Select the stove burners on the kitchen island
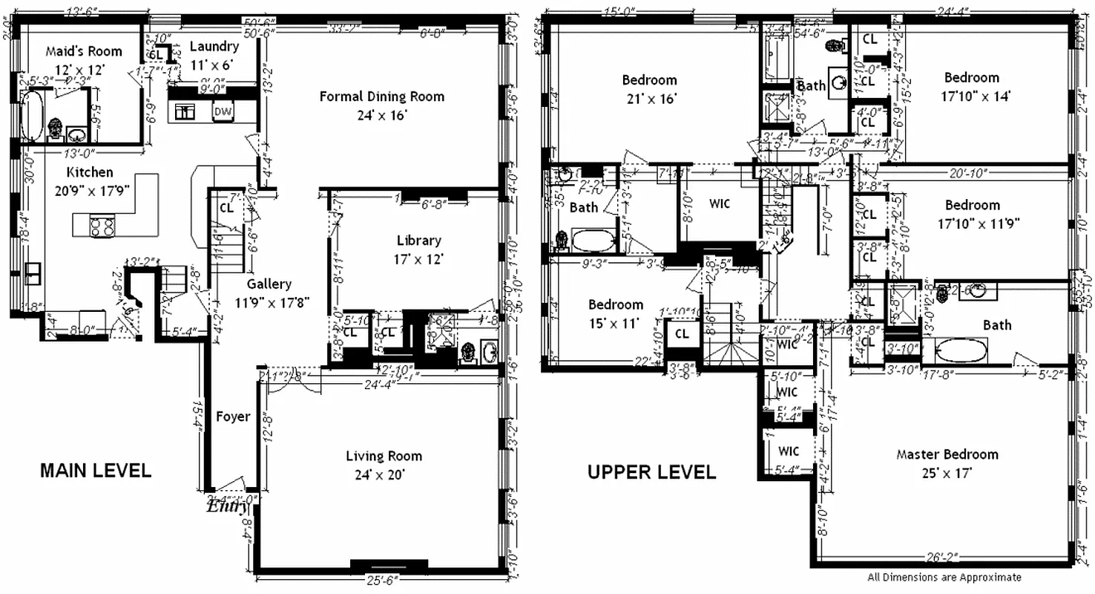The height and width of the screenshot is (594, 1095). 102,226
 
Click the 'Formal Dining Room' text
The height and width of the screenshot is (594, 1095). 382,97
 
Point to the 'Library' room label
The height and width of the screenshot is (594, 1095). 418,241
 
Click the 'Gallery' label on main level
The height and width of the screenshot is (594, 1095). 269,284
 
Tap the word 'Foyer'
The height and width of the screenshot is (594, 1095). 233,417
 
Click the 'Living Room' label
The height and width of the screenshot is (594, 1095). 384,456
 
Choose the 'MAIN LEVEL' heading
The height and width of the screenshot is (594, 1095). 95,471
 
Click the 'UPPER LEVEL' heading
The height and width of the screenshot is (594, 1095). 651,472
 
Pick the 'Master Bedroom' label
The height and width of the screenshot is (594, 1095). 947,454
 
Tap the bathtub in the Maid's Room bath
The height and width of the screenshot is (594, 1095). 30,116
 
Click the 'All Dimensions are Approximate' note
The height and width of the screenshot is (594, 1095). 944,577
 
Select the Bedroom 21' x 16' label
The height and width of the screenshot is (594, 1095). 649,80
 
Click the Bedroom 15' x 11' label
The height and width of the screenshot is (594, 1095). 616,304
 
